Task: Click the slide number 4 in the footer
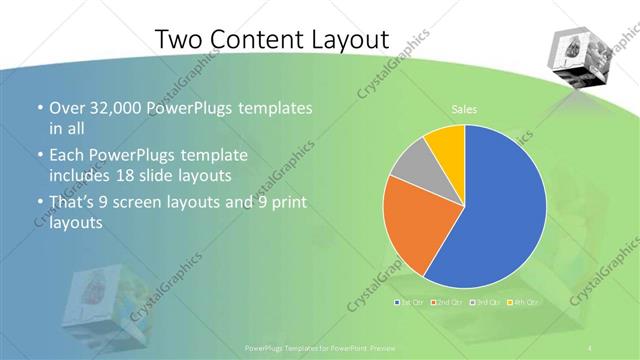592,347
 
